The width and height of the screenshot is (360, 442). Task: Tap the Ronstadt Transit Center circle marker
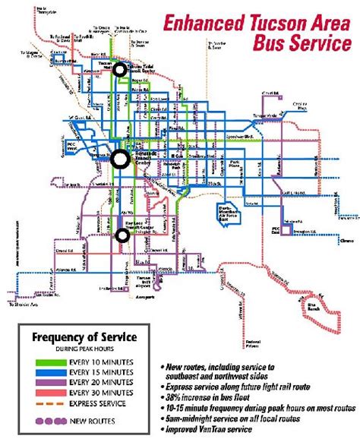pos(119,159)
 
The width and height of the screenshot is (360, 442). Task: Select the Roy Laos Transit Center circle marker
pos(122,235)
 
